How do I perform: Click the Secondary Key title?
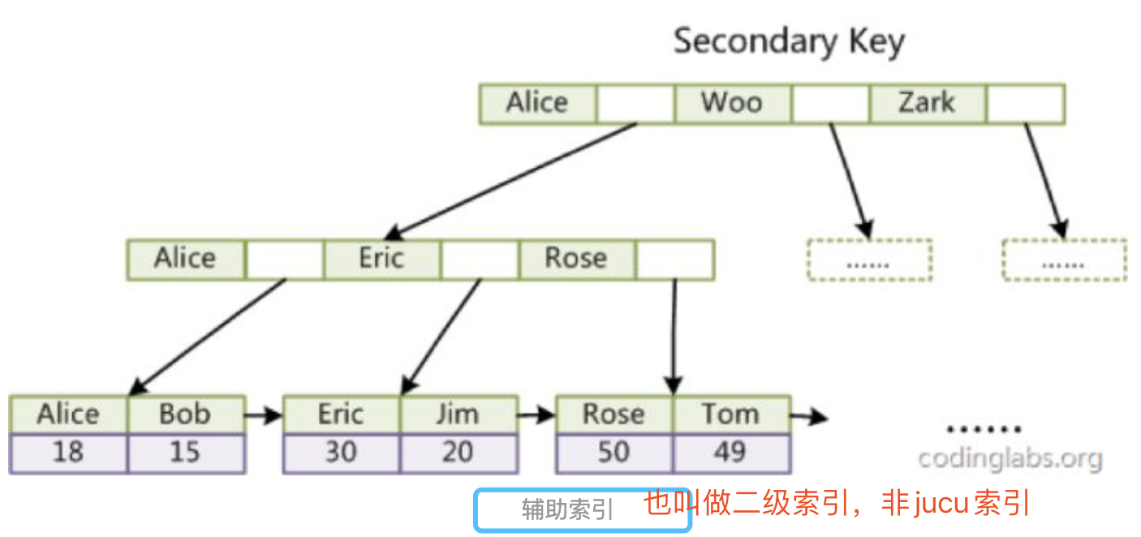(789, 41)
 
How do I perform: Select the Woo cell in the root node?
(731, 103)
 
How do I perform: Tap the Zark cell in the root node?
(927, 103)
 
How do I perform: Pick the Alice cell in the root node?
(537, 103)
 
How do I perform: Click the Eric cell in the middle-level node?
(381, 259)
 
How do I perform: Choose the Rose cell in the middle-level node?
(576, 259)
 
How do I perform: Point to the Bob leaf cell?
(186, 415)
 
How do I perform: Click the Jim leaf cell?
(459, 415)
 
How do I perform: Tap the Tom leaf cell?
(731, 415)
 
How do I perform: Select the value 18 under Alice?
(68, 453)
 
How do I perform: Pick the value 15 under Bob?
(186, 453)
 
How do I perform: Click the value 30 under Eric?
(341, 453)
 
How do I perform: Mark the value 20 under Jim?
(459, 453)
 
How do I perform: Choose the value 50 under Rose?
(614, 453)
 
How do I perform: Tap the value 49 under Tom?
(731, 453)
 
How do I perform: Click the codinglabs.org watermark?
(1010, 458)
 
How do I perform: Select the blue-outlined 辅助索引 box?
(582, 510)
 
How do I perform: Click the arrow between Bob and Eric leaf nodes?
(264, 416)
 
